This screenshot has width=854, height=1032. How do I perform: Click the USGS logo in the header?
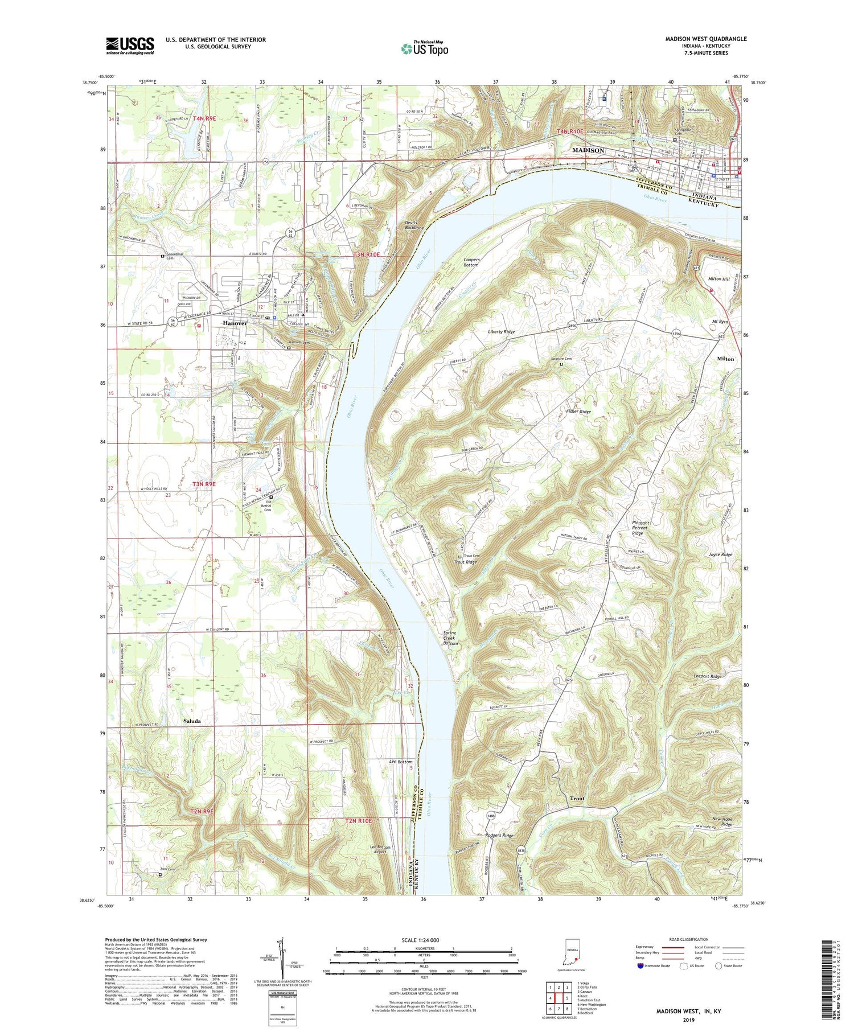tap(130, 46)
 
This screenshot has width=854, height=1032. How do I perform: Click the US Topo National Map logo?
tap(424, 48)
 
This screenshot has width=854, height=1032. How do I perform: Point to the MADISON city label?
tap(588, 150)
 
